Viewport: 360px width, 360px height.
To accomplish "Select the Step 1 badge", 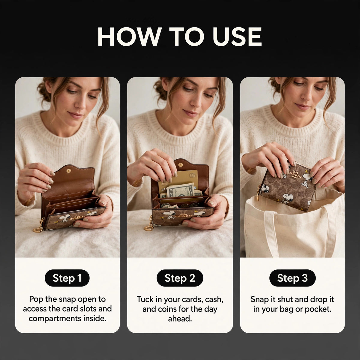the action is (67, 278).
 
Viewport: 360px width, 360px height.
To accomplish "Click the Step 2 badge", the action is (180, 278).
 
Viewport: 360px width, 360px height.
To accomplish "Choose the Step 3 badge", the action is (292, 278).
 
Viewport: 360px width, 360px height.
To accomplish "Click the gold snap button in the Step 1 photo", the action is (69, 171).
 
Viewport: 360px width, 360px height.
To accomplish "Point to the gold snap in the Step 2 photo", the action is (181, 165).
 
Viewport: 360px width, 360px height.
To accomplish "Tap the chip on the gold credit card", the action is (192, 175).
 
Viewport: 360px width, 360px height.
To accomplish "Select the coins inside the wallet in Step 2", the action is (190, 205).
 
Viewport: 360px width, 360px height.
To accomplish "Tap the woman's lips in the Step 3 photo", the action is (302, 107).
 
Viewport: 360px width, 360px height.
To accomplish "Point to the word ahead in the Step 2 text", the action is (180, 319).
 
